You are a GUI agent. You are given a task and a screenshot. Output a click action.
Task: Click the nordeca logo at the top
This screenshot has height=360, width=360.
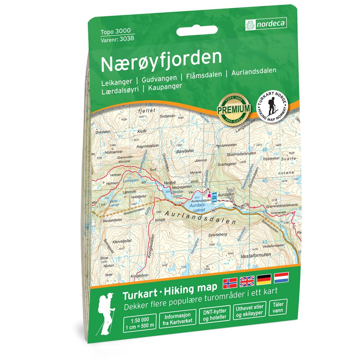(266, 23)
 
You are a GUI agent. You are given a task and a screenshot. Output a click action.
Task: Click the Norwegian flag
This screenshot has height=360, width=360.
(230, 282)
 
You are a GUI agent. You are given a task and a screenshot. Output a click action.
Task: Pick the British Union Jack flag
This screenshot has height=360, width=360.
(247, 281)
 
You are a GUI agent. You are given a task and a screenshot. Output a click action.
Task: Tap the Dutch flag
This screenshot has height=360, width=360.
(281, 277)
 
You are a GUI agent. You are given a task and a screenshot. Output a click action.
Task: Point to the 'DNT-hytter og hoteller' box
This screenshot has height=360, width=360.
(214, 314)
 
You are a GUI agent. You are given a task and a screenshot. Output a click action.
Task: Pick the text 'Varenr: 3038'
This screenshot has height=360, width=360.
(117, 38)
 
